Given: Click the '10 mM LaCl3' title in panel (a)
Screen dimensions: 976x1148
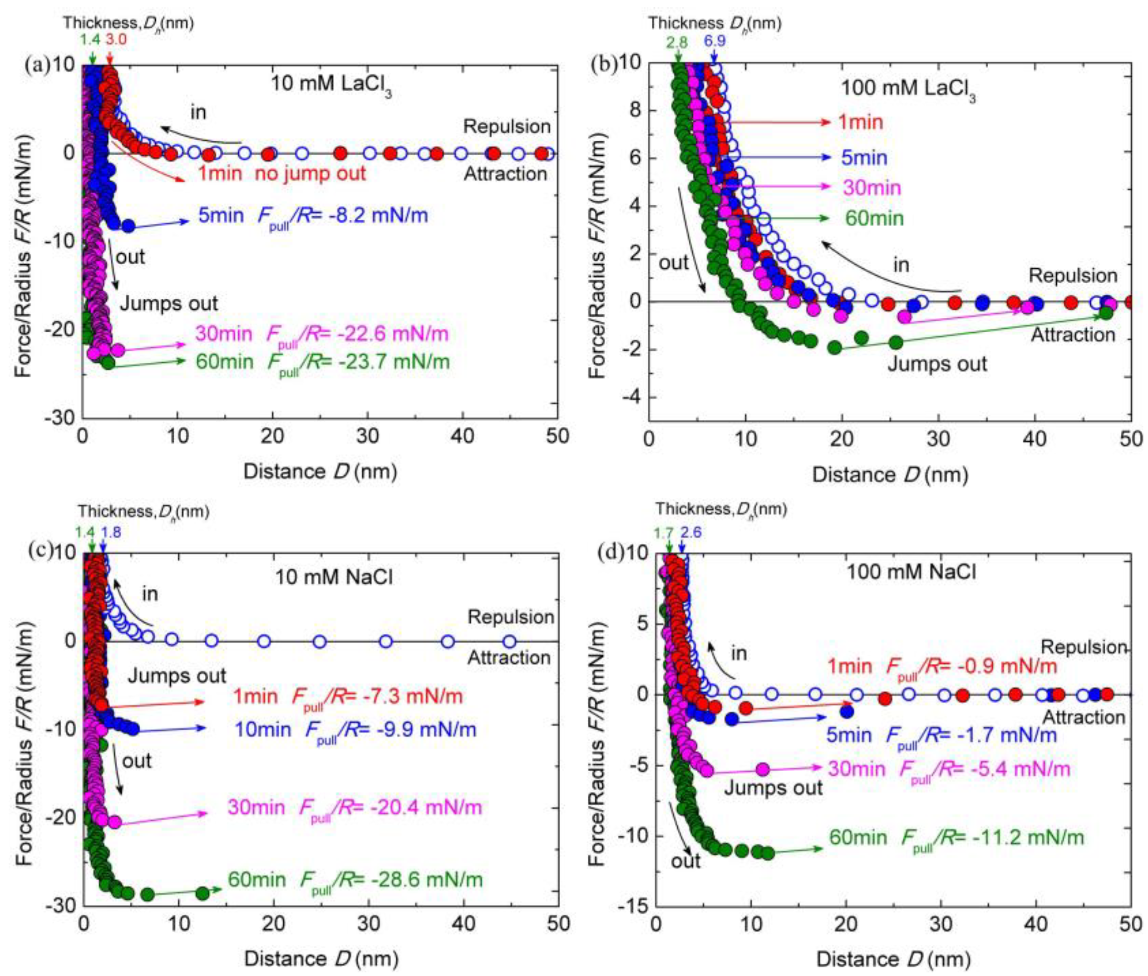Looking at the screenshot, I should click(331, 85).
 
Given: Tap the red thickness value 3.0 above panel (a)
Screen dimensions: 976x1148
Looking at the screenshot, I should click(116, 39).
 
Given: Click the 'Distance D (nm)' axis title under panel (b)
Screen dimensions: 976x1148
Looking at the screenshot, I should click(890, 475).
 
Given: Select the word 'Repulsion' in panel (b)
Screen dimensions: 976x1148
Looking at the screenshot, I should click(1073, 276).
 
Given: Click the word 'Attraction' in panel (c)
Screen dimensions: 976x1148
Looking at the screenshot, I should click(509, 657).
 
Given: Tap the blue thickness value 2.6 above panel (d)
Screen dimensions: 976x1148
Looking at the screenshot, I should click(691, 532).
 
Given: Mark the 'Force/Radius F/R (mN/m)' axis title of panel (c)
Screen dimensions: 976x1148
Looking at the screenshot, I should click(25, 729).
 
